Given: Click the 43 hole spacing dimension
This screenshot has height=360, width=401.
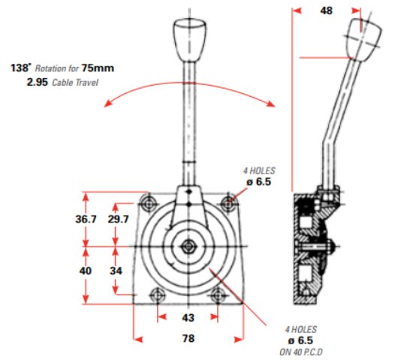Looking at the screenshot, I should pyautogui.click(x=188, y=318).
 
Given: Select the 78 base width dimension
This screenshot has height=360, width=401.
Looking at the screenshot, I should pyautogui.click(x=188, y=339).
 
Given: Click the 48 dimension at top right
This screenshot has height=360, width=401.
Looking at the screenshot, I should pyautogui.click(x=326, y=11).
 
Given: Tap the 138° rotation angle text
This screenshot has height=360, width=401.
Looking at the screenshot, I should pyautogui.click(x=20, y=68).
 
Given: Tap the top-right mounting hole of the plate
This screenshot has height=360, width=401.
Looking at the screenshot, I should pyautogui.click(x=228, y=203).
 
